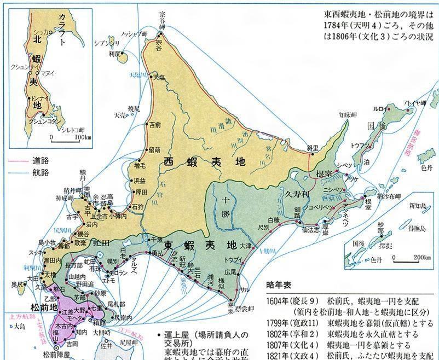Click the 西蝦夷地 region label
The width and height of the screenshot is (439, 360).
pyautogui.click(x=204, y=162)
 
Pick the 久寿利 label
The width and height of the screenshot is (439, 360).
pyautogui.click(x=297, y=193)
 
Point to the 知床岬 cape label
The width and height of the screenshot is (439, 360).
pyautogui.click(x=348, y=115)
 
